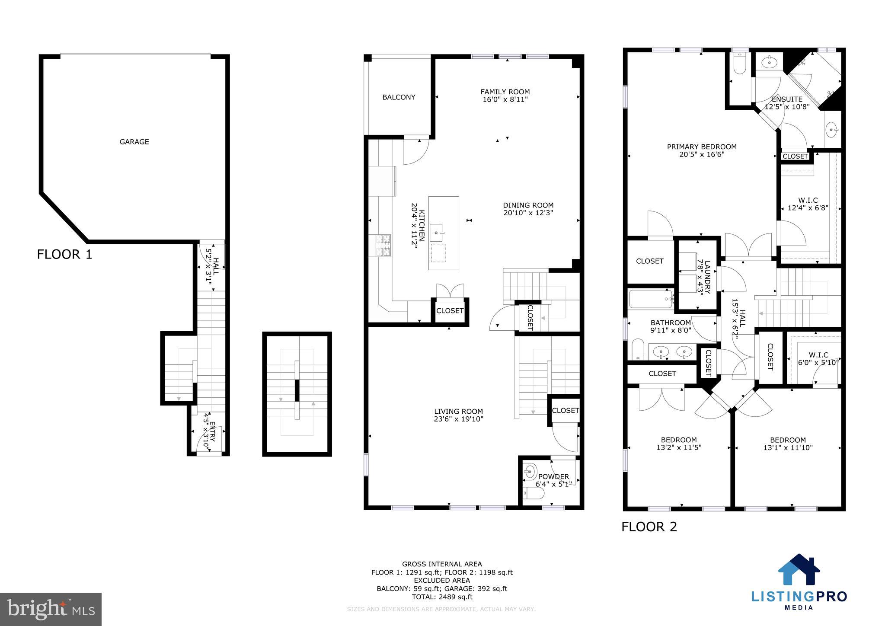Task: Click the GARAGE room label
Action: coord(134,142)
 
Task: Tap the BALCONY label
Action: coord(399,97)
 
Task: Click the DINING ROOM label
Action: coord(528,205)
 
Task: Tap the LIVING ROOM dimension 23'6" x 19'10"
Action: coord(458,419)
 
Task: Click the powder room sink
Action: coord(530,470)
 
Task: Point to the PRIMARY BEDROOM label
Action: coord(701,147)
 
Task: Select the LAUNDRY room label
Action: coord(707,277)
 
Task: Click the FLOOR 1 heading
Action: coord(64,254)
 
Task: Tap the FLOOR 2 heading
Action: coord(649,527)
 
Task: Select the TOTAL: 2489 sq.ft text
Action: coord(442,597)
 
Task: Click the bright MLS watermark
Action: coord(51,609)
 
